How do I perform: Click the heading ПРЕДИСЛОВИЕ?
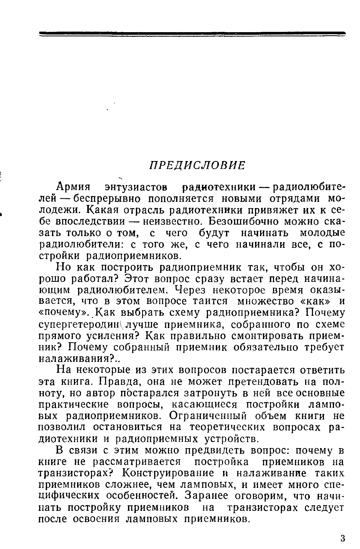(197, 165)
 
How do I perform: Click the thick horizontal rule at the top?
(192, 33)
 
